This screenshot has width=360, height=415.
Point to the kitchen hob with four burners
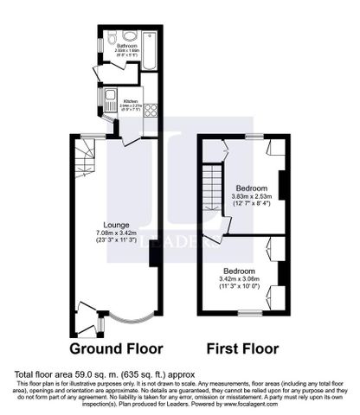click(x=148, y=110)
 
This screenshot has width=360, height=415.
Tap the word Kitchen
click(x=131, y=100)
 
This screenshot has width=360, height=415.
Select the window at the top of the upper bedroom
click(x=253, y=137)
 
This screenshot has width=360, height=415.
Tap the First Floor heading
click(x=242, y=350)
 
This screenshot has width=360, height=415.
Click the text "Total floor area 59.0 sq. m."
click(x=70, y=373)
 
